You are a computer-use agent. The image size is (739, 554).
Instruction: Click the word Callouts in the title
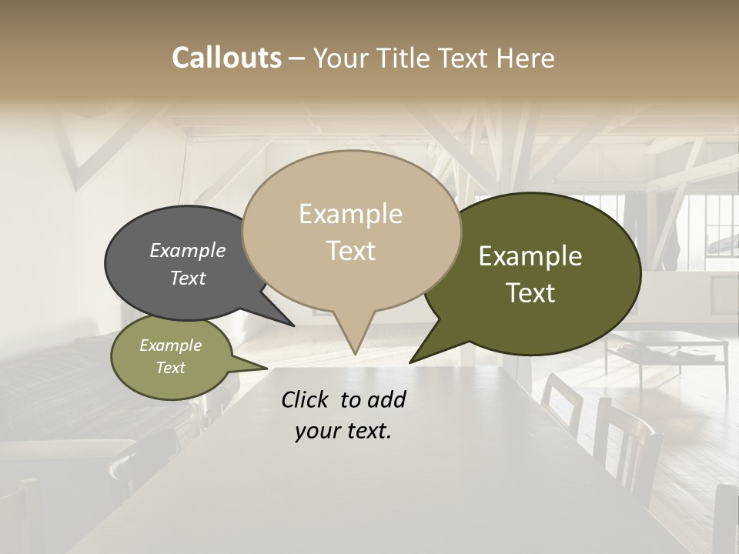click(226, 58)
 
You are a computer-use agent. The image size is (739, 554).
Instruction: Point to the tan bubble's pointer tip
click(355, 354)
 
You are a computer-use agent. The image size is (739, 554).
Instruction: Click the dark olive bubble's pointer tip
click(411, 362)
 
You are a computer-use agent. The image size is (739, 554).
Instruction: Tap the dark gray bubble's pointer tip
click(293, 325)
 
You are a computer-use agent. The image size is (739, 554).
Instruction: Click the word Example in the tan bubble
click(350, 214)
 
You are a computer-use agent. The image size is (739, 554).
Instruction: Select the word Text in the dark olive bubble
click(530, 293)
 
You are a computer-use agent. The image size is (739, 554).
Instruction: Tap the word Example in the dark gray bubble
click(188, 251)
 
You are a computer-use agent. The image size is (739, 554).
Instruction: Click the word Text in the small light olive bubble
click(171, 368)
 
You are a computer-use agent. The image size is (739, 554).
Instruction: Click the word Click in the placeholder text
click(306, 399)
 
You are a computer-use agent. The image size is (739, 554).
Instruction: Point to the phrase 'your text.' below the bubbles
click(343, 431)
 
